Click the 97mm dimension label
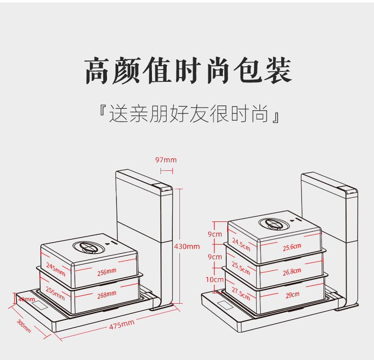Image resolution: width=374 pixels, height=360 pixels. click(x=166, y=160)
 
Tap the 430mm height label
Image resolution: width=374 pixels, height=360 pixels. click(x=187, y=246)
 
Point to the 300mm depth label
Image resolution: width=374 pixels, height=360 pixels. click(x=24, y=326)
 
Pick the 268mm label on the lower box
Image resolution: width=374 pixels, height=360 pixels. click(x=107, y=294)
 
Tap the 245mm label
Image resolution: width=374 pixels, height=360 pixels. click(x=56, y=269)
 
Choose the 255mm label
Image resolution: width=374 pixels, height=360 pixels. click(x=56, y=292)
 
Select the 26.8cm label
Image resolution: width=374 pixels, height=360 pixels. click(x=292, y=272)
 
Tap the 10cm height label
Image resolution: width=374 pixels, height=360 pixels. click(x=214, y=280)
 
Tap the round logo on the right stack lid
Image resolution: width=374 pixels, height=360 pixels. click(x=273, y=223)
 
